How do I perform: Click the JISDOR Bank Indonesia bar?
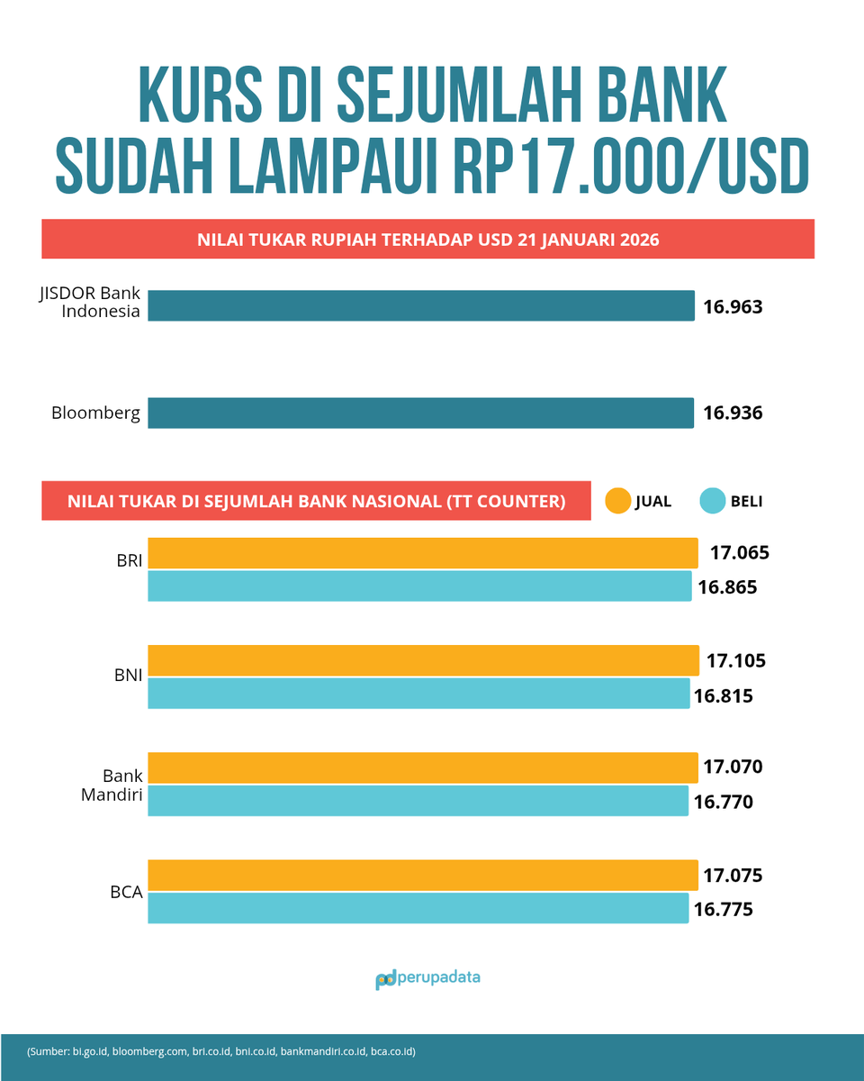click(421, 305)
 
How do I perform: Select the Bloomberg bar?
click(421, 413)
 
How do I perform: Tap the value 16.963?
click(733, 306)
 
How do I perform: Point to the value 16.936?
click(733, 413)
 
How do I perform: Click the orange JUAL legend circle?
click(617, 501)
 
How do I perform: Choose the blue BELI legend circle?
click(712, 501)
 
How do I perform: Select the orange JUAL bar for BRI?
click(422, 552)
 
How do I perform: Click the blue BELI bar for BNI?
click(418, 694)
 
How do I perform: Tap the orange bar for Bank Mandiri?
click(422, 768)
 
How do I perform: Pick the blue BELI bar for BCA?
click(418, 908)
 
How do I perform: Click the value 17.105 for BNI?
click(735, 660)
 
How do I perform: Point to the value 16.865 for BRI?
click(727, 587)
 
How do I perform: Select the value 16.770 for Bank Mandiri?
click(723, 802)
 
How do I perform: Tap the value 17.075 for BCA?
click(733, 875)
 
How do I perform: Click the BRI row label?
click(129, 559)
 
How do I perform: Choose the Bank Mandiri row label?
click(121, 785)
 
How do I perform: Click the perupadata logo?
click(427, 978)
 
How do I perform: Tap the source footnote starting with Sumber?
click(220, 1050)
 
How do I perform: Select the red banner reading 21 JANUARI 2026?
click(427, 240)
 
